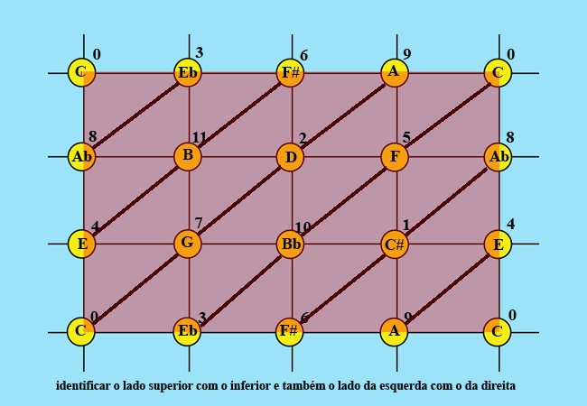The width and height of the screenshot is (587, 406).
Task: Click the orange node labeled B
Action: (x=188, y=156)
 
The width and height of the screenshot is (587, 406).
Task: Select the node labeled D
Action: (x=291, y=157)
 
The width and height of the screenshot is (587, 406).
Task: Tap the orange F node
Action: (x=395, y=157)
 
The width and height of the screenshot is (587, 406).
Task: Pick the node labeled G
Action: (x=188, y=243)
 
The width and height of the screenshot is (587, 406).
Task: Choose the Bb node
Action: (x=291, y=244)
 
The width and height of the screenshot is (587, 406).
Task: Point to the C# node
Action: (x=395, y=244)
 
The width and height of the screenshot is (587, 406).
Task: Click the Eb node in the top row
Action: (x=188, y=72)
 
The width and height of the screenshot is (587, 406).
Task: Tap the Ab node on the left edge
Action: (x=82, y=157)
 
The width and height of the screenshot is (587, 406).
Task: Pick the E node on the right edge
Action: (x=498, y=244)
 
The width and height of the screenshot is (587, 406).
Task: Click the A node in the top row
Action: (x=395, y=72)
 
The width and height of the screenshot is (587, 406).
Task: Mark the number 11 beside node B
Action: (x=200, y=138)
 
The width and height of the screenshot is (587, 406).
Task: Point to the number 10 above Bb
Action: (x=303, y=226)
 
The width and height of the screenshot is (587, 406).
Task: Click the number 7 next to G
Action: (x=199, y=224)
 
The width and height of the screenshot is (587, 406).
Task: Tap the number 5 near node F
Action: (x=406, y=138)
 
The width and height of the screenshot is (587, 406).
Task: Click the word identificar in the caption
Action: (x=82, y=386)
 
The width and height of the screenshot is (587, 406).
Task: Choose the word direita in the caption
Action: (x=497, y=386)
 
